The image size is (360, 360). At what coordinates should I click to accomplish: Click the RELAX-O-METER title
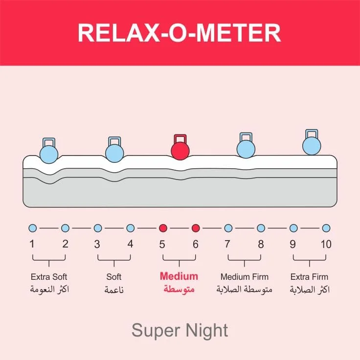180,33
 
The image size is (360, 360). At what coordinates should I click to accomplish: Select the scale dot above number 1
33,228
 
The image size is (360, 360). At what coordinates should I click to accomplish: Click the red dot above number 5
163,228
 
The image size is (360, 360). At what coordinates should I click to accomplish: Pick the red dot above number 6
196,228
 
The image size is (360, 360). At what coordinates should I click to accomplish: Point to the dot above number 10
326,228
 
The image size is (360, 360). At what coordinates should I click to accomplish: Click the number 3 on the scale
97,244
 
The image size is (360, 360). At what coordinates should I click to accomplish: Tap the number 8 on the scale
261,244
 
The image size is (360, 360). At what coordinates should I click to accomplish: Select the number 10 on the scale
326,244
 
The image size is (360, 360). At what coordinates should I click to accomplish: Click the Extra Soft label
49,277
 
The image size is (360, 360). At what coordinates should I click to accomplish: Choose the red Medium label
179,276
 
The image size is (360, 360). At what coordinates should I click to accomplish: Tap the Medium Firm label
245,277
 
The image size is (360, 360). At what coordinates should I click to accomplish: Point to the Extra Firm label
310,277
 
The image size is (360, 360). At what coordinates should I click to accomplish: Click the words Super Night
180,331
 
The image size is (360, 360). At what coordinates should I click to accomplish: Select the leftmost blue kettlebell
49,153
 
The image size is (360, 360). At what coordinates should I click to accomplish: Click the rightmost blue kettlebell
312,145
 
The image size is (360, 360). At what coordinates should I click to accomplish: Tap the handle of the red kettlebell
180,138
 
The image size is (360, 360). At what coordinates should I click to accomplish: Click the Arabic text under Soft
114,290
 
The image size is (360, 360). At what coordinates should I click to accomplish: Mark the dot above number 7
228,228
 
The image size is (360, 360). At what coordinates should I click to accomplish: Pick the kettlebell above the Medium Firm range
246,147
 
